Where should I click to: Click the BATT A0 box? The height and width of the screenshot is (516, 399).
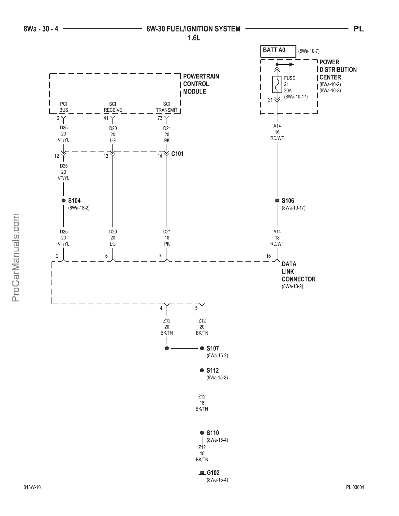coord(278,51)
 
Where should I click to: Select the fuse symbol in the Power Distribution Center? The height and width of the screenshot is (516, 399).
coord(277,85)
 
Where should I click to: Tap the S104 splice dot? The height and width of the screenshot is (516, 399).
coord(64,201)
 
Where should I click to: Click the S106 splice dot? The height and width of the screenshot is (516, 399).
coord(277,201)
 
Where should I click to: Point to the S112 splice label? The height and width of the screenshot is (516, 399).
coord(213,370)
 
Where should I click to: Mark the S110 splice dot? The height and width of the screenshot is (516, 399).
coord(202,433)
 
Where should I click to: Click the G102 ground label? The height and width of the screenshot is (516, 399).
coord(213,473)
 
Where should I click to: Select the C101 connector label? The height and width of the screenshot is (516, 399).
coord(177,154)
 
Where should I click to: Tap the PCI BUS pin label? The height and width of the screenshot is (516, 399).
coord(64,107)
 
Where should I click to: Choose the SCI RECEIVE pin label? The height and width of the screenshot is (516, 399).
coord(113,107)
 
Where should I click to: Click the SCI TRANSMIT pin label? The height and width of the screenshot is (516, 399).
coord(167,107)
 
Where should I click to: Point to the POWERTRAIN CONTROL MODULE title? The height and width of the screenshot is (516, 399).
coord(201,84)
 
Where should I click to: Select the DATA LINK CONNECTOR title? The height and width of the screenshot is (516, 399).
coord(298,271)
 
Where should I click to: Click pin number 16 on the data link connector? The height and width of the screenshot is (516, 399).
coord(268,256)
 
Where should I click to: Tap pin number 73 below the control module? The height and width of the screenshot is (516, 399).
coord(160,118)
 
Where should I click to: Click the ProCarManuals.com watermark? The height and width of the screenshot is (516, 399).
coord(16,257)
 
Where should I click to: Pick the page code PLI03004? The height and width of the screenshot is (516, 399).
coord(355,487)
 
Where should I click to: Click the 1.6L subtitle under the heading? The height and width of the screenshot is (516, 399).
coord(194,38)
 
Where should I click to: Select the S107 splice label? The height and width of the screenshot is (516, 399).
coord(213,348)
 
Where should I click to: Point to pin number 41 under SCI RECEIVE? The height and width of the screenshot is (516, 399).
coord(106,118)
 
